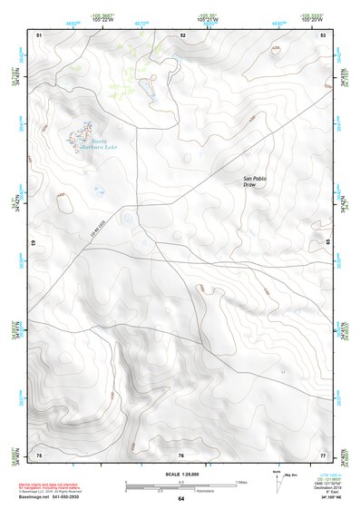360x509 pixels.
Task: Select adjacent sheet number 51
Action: click(x=39, y=34)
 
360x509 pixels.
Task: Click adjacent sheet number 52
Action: click(x=182, y=34)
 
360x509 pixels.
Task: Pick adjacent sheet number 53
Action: click(x=323, y=34)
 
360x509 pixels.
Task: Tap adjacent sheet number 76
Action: click(x=181, y=455)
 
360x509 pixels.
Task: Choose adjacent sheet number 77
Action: click(x=323, y=455)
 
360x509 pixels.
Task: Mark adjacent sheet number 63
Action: click(x=34, y=243)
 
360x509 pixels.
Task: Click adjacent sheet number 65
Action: click(x=327, y=243)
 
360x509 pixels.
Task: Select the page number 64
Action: click(x=181, y=498)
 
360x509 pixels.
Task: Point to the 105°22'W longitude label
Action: click(x=102, y=19)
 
